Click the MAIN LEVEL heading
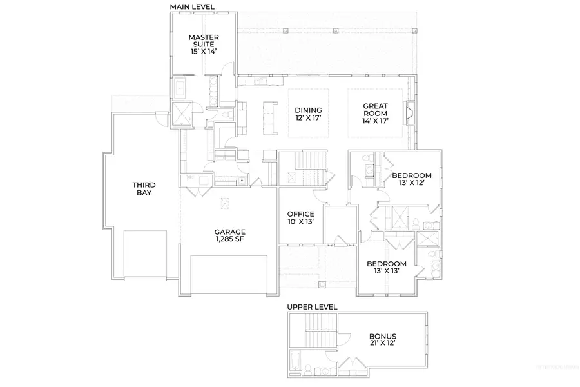coord(192,6)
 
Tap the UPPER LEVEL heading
coord(312,307)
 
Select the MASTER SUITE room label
coord(203,42)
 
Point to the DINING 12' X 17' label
coord(308,114)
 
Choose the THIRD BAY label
coord(145,189)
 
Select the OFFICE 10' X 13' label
coord(300,218)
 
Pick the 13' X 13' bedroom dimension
coord(386,272)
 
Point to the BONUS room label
coord(383,337)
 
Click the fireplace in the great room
coord(408,114)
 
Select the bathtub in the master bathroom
coord(179,89)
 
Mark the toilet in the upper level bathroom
coord(307,370)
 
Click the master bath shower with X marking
coord(181,115)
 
